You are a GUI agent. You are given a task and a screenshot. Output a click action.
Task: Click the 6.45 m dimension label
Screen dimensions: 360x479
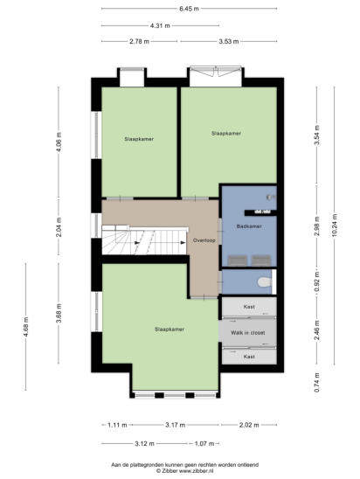pos(189,9)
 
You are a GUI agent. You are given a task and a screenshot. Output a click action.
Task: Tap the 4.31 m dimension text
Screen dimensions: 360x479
pos(160,25)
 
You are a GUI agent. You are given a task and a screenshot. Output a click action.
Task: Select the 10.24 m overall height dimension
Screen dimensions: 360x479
pos(335,226)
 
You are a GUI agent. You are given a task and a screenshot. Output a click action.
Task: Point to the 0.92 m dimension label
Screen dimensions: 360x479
pos(317,281)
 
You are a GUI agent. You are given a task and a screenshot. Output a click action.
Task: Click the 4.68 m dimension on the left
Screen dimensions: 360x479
pos(25,327)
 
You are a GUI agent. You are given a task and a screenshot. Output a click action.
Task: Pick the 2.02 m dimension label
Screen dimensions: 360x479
pos(249,425)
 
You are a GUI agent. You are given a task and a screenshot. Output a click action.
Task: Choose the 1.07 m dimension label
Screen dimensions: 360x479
pos(204,443)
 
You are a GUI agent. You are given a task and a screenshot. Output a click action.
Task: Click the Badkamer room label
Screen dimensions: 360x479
pos(249,226)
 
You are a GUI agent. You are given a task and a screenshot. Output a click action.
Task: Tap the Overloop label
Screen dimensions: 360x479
pos(204,240)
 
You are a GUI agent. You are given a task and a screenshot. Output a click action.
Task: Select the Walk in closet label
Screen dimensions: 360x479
pos(247,333)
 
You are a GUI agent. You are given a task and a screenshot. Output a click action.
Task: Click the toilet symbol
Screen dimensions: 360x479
pos(265,282)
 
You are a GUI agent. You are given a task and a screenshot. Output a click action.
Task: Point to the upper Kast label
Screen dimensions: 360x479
pos(249,307)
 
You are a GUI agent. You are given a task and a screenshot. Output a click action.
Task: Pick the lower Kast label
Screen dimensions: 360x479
pos(249,357)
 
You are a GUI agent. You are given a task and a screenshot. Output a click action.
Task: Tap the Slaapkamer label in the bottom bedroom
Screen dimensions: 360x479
pos(170,330)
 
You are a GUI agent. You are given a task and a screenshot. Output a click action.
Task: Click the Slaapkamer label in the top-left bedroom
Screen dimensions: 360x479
pos(139,139)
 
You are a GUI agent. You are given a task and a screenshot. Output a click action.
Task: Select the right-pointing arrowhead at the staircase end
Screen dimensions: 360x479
pos(183,242)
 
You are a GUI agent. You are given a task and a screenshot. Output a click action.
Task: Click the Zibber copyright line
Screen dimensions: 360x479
pos(184,471)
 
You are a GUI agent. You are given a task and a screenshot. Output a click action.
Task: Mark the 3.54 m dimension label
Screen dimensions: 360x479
pos(317,135)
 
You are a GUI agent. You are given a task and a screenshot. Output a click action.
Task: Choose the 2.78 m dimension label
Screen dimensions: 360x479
pos(139,42)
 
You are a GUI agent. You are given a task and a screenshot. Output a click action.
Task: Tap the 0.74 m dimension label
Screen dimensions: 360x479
pos(317,382)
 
